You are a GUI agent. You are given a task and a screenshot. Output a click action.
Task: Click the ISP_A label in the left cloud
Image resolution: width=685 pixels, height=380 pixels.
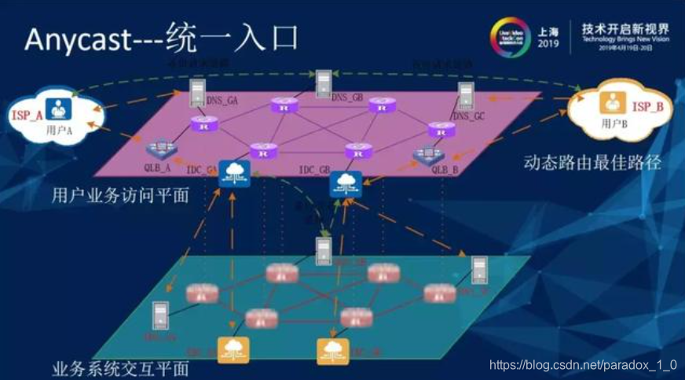point(27,115)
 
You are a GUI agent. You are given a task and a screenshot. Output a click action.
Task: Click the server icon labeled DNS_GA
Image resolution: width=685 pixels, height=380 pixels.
point(197,93)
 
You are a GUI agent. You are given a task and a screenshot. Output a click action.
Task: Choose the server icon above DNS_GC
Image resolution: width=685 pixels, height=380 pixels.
point(467,96)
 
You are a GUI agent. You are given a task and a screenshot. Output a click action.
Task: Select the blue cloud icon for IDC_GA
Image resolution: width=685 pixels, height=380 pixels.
point(235,174)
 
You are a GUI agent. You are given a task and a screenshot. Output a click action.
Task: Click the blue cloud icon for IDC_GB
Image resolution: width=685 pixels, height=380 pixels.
point(345,183)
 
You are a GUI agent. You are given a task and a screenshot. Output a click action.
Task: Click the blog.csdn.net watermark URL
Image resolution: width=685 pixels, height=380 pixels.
point(582,365)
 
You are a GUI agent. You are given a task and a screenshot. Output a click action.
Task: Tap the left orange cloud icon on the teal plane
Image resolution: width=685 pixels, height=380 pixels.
point(233,349)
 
